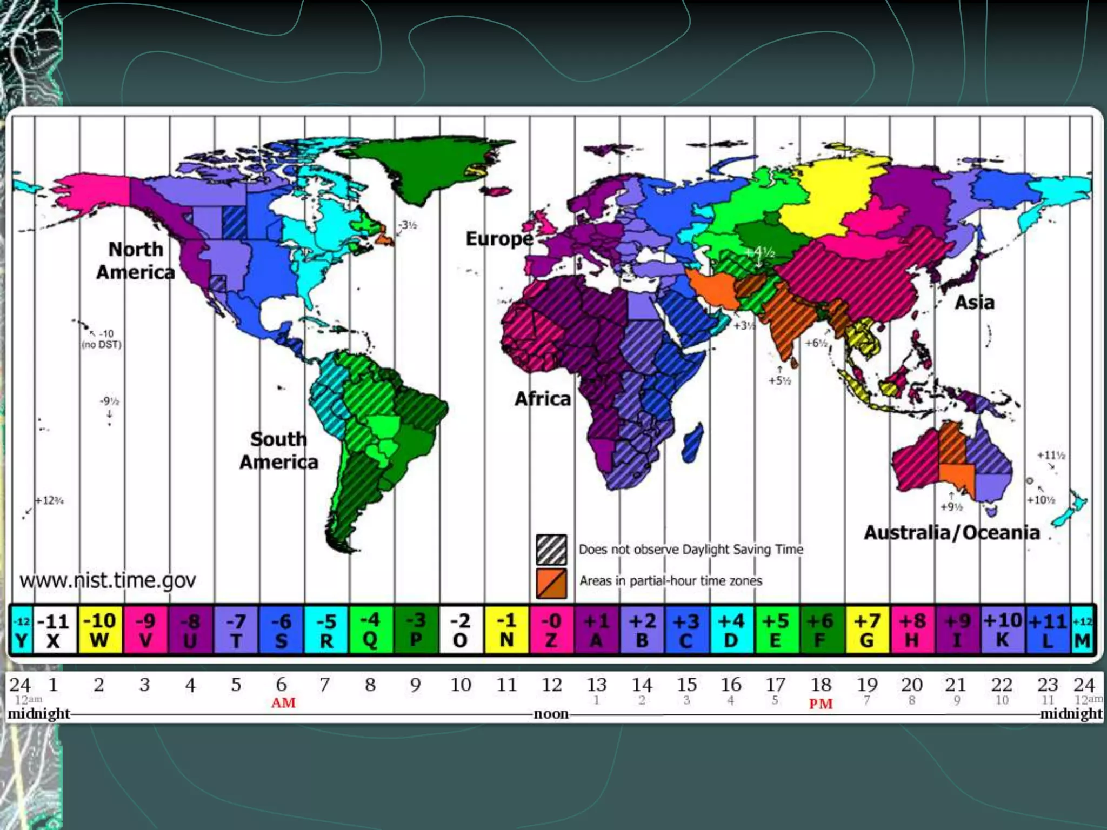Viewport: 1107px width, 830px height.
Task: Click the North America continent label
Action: (136, 260)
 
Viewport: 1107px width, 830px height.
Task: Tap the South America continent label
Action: (279, 451)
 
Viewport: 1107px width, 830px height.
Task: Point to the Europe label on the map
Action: (499, 238)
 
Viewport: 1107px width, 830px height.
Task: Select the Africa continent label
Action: (543, 399)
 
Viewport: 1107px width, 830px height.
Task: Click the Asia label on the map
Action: (975, 302)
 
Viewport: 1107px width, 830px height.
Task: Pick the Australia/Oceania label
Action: (952, 533)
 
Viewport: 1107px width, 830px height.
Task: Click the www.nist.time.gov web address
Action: (108, 580)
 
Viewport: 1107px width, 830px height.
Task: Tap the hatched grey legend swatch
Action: (551, 549)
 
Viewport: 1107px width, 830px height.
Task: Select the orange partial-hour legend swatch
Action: (551, 583)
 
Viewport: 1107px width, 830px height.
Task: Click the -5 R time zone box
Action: (326, 630)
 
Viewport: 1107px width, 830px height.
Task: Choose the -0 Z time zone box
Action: (551, 630)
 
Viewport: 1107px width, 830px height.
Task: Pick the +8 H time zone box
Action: (912, 630)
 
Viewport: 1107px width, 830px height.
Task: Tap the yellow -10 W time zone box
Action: (100, 630)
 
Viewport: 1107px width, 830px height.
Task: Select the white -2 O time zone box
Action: (461, 630)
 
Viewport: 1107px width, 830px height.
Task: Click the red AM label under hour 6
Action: (283, 703)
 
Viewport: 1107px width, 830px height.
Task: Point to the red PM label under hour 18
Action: (821, 704)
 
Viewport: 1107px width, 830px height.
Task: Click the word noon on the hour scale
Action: (551, 714)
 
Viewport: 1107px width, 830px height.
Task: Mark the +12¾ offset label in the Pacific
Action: (50, 500)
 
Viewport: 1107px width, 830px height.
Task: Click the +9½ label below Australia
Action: (951, 507)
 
